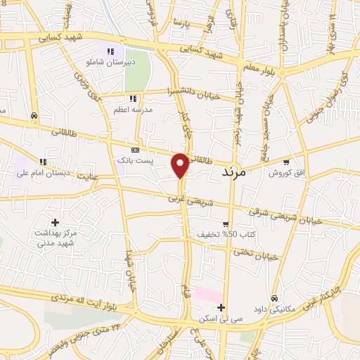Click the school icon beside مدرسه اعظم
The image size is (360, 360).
132,98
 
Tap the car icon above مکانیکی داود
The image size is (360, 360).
274,297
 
